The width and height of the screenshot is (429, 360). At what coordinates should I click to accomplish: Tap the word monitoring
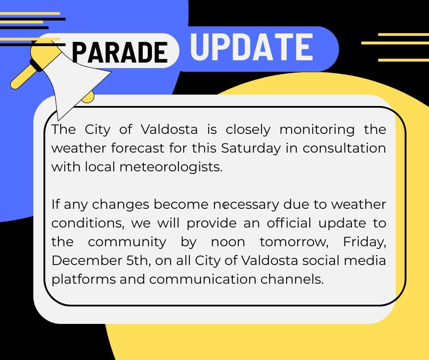pos(317,129)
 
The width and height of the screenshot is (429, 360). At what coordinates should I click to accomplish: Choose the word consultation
pos(344,148)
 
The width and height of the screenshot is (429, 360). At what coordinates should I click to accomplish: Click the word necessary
pos(246,204)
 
